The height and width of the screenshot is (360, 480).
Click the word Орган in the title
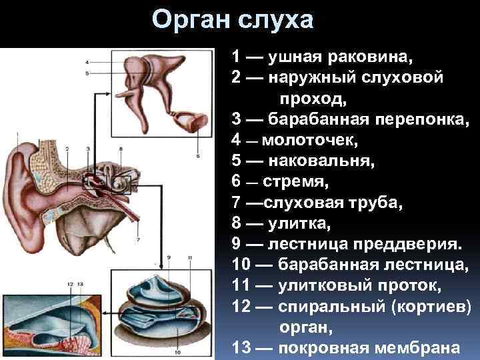point(191,20)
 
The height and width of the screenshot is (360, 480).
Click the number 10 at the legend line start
point(241,269)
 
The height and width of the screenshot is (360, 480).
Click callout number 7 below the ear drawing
point(138,239)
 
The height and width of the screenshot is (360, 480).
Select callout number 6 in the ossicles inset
point(197,156)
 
